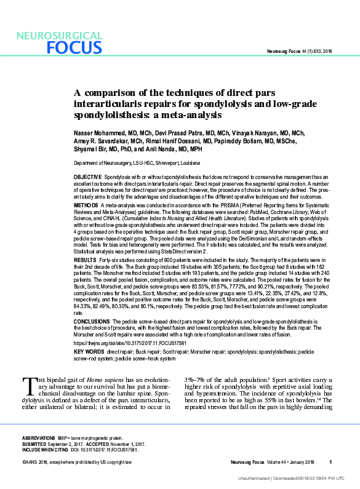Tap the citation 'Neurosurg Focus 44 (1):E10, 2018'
(298, 51)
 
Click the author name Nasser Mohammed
(98, 132)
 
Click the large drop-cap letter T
(28, 385)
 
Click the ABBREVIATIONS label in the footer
(38, 435)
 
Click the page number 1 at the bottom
(330, 462)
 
